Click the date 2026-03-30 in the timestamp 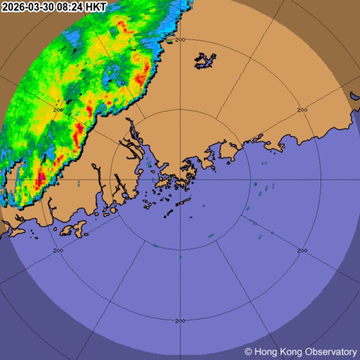point(28,7)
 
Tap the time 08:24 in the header point(70,7)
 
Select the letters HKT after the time point(96,7)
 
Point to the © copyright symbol point(248,352)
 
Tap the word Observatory point(331,352)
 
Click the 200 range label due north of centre point(180,39)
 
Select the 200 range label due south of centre point(180,321)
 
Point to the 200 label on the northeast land point(302,110)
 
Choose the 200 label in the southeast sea point(302,250)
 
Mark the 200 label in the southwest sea point(58,250)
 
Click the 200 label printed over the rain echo point(58,110)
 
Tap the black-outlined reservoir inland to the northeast point(205,61)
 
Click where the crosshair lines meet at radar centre point(180,180)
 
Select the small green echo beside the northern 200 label point(169,41)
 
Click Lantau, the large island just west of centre point(163,183)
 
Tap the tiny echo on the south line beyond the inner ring point(180,257)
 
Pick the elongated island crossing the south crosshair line point(183,202)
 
